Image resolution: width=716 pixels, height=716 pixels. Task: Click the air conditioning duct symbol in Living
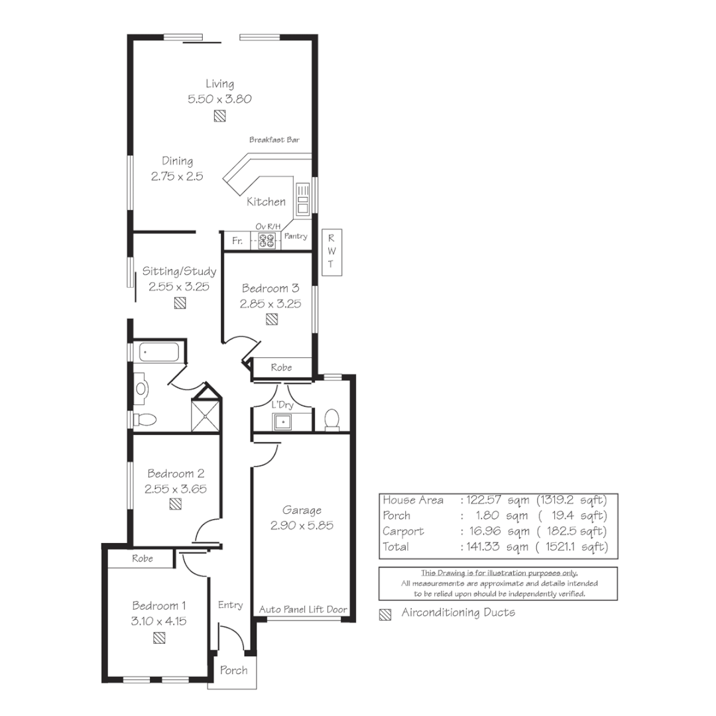(x=219, y=116)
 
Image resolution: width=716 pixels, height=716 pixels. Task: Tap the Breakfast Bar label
(x=274, y=140)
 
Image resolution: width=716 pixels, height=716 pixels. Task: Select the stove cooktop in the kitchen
(x=267, y=241)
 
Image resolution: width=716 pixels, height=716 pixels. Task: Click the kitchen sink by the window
(x=303, y=199)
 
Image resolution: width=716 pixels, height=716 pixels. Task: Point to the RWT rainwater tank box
(x=331, y=252)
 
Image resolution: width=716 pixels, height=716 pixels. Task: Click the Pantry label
(x=295, y=236)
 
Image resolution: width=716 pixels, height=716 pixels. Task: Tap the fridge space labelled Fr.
(x=237, y=241)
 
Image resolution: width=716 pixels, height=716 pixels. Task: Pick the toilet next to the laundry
(x=331, y=419)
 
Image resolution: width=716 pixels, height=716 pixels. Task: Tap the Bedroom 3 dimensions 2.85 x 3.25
(x=270, y=304)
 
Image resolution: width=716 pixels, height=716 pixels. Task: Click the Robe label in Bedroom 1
(x=142, y=558)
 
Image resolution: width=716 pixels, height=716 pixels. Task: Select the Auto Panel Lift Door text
(x=303, y=609)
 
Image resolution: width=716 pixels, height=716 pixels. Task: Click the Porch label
(x=233, y=670)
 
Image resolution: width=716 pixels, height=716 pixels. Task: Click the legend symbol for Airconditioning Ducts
(x=385, y=614)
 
